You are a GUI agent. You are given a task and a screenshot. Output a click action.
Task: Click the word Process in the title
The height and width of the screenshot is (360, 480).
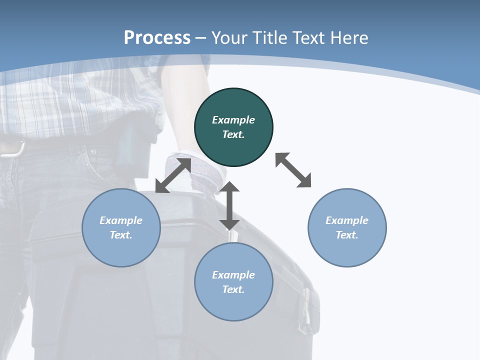pos(157,38)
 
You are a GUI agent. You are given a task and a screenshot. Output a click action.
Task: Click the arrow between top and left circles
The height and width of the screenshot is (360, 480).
pos(173,175)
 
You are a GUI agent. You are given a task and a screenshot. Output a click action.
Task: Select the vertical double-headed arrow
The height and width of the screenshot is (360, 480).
pos(229,205)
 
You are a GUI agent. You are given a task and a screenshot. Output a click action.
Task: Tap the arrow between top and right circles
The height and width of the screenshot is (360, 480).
pos(293,170)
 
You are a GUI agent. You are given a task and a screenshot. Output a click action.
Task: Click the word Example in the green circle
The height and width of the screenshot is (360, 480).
pos(233,120)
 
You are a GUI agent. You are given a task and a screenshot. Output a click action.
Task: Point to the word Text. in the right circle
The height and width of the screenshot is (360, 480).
pos(347,235)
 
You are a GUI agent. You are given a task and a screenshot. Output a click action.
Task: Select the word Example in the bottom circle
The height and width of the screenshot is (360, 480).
pos(233,275)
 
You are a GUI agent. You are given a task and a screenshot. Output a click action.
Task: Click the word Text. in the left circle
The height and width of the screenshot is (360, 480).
pos(121,235)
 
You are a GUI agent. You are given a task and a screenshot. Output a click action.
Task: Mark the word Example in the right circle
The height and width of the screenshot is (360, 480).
pos(347,220)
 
